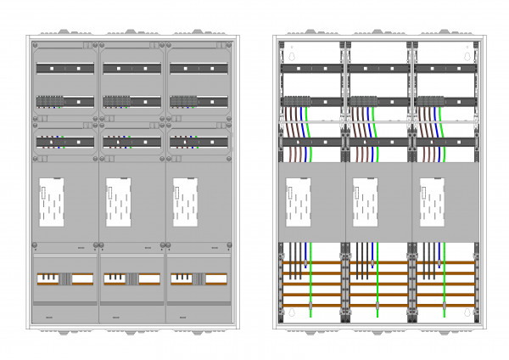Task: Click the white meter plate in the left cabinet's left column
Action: point(52,202)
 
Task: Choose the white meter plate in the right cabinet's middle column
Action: point(366,201)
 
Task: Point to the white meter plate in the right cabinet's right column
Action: point(432,201)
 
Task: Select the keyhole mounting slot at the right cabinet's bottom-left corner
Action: point(291,312)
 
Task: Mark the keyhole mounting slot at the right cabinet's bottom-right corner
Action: point(466,312)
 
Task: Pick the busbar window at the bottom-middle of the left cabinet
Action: point(131,278)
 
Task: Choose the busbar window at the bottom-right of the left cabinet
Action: point(197,278)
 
